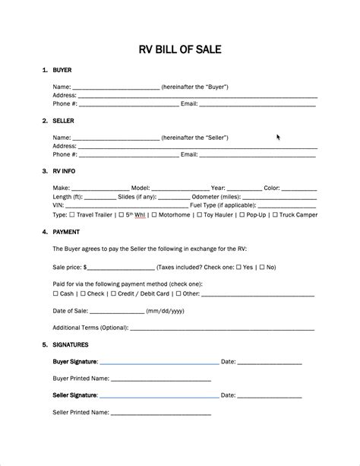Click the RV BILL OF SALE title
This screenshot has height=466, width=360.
(180, 49)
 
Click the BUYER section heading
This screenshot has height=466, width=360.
(62, 70)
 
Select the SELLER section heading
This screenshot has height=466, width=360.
(63, 120)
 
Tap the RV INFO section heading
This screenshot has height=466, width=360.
(65, 171)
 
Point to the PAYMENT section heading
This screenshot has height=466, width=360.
(66, 232)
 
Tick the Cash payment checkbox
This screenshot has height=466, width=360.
(55, 293)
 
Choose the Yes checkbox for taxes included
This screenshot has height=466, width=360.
(238, 268)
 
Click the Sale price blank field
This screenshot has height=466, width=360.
(121, 268)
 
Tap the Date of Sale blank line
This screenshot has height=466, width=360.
(118, 312)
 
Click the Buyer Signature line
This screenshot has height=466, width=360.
(159, 362)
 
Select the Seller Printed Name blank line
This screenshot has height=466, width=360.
(160, 413)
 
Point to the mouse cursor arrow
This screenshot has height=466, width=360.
(279, 138)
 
